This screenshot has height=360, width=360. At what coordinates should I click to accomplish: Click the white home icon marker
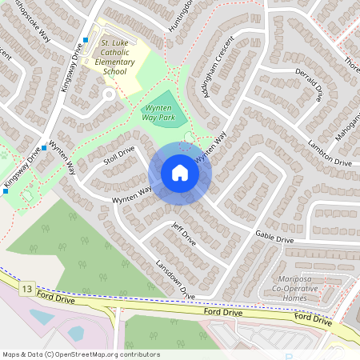(x=179, y=173)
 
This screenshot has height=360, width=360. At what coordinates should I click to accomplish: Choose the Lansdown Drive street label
(x=175, y=280)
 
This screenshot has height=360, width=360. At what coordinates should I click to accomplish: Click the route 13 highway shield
(x=29, y=287)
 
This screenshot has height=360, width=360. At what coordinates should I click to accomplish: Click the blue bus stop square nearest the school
(x=86, y=40)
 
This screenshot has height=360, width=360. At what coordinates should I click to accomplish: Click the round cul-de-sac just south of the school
(x=109, y=95)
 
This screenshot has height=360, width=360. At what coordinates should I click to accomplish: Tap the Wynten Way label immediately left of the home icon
(x=132, y=193)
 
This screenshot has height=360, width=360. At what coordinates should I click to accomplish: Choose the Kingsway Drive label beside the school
(x=73, y=68)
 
